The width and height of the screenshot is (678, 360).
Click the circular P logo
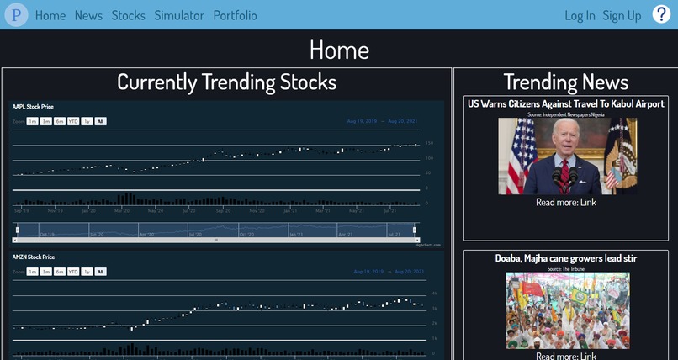pyautogui.click(x=15, y=15)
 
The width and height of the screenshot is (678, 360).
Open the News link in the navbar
pyautogui.click(x=88, y=15)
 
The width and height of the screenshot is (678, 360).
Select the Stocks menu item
pyautogui.click(x=128, y=15)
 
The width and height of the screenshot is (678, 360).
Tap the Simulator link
pyautogui.click(x=179, y=15)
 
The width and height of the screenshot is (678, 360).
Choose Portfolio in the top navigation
pyautogui.click(x=236, y=15)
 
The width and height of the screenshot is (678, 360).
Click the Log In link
pyautogui.click(x=580, y=15)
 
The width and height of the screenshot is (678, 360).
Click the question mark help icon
pyautogui.click(x=661, y=14)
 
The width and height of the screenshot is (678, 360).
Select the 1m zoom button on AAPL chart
pyautogui.click(x=32, y=121)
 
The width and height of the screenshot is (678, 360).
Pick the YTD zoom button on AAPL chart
pyautogui.click(x=73, y=121)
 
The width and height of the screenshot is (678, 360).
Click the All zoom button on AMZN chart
pyautogui.click(x=100, y=272)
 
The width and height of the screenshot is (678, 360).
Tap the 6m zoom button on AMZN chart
pyautogui.click(x=60, y=272)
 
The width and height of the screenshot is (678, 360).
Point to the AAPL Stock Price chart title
pyautogui.click(x=34, y=107)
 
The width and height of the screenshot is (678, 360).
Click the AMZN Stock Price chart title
pyautogui.click(x=34, y=257)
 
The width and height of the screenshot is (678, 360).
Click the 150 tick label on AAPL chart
pyautogui.click(x=429, y=143)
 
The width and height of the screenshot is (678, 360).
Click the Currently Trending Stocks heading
pyautogui.click(x=226, y=82)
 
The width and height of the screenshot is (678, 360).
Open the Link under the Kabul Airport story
pyautogui.click(x=587, y=203)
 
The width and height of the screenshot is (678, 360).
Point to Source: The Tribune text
pyautogui.click(x=567, y=267)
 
